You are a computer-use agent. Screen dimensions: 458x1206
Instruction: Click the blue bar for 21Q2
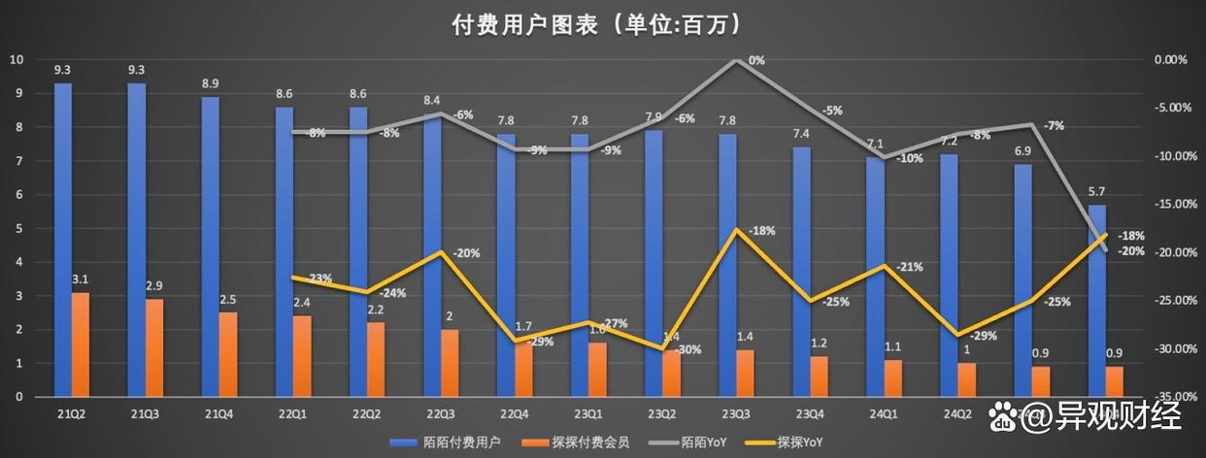point(63,240)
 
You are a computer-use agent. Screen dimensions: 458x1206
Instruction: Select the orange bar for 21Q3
point(154,347)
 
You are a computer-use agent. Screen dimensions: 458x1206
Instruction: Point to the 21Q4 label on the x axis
point(219,414)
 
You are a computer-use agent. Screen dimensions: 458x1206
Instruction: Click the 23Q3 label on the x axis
point(736,414)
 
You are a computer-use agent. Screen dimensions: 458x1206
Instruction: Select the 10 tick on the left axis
point(16,59)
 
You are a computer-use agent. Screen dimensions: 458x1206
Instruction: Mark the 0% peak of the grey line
point(736,60)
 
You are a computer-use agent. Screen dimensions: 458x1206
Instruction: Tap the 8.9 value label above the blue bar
point(211,84)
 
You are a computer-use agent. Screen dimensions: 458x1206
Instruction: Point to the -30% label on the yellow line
point(688,349)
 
